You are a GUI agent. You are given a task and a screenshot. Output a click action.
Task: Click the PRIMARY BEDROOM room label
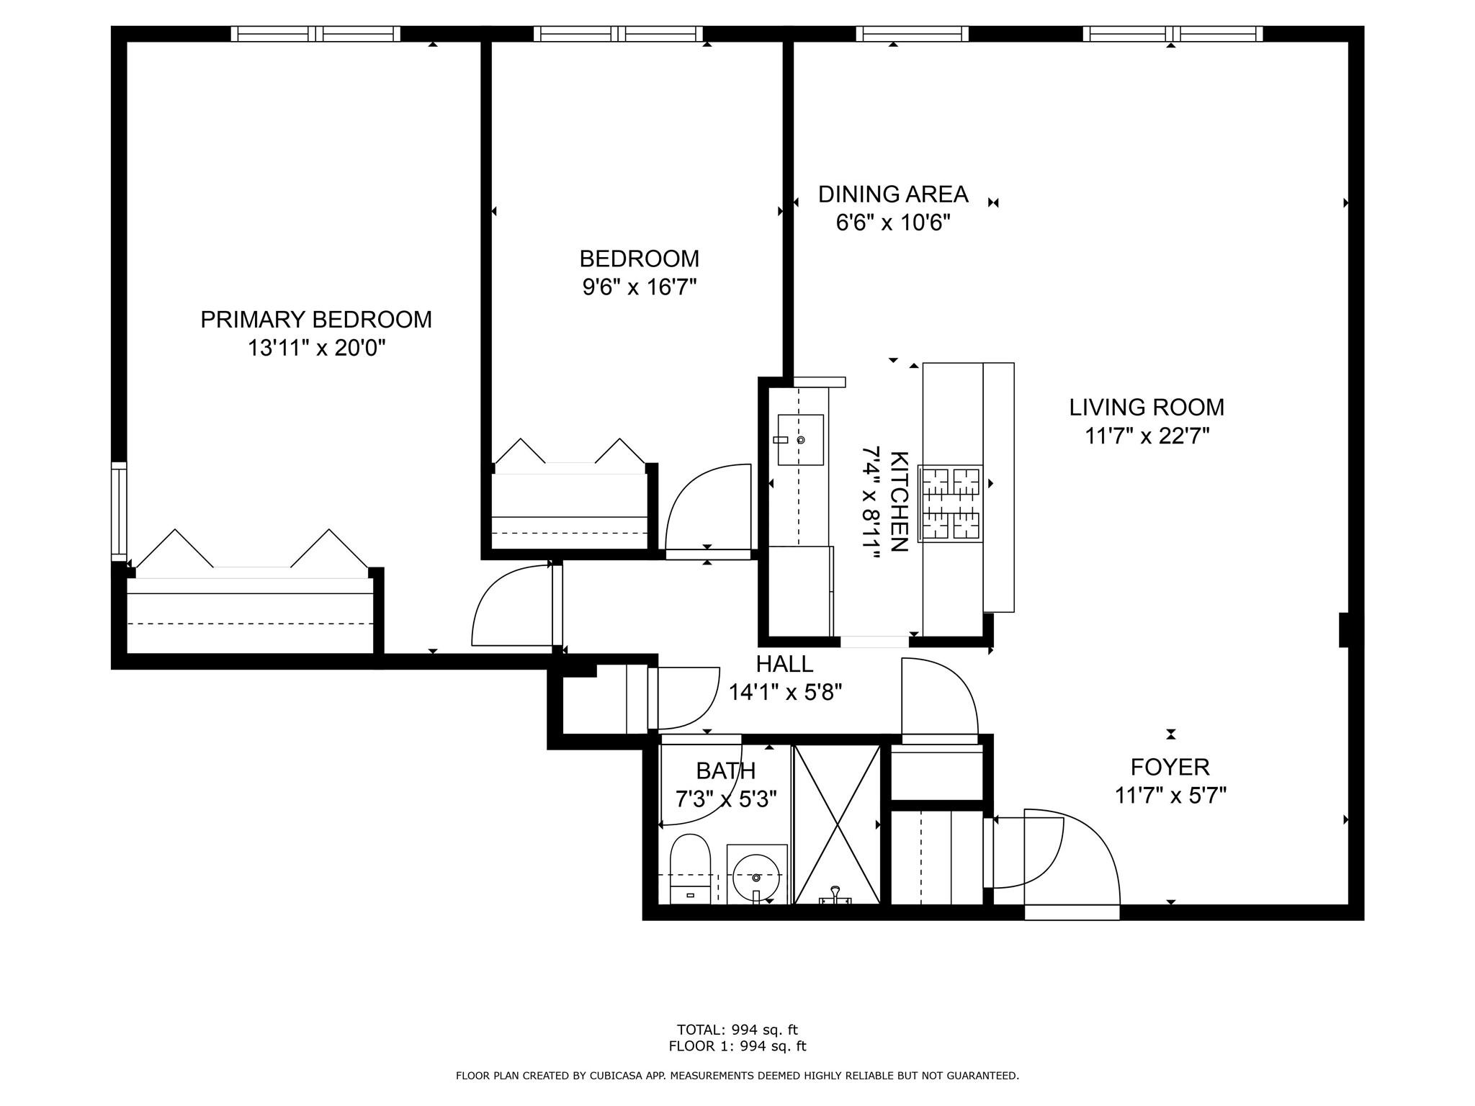pyautogui.click(x=316, y=319)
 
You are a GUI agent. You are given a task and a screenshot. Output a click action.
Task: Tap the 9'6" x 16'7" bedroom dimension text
pyautogui.click(x=640, y=287)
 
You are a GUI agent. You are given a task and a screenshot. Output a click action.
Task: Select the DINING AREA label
pyautogui.click(x=893, y=194)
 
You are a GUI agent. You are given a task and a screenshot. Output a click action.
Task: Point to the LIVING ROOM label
pyautogui.click(x=1147, y=407)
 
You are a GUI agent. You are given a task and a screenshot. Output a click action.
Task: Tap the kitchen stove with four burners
pyautogui.click(x=951, y=503)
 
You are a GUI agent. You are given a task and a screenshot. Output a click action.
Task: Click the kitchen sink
pyautogui.click(x=800, y=439)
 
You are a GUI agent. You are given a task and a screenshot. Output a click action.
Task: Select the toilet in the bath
pyautogui.click(x=690, y=868)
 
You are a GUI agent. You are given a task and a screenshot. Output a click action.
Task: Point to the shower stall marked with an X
pyautogui.click(x=836, y=824)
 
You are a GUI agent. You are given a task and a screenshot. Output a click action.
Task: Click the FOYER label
pyautogui.click(x=1170, y=767)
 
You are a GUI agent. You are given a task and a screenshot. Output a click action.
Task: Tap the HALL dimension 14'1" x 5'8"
pyautogui.click(x=785, y=692)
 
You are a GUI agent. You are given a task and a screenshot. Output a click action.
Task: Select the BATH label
pyautogui.click(x=725, y=770)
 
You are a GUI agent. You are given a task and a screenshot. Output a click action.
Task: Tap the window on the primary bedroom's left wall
pyautogui.click(x=119, y=511)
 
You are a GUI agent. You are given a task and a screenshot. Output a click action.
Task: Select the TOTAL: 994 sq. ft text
pyautogui.click(x=737, y=1030)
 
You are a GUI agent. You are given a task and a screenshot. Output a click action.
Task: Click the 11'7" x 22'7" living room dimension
pyautogui.click(x=1147, y=436)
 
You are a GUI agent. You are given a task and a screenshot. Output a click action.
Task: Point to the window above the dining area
pyautogui.click(x=912, y=34)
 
